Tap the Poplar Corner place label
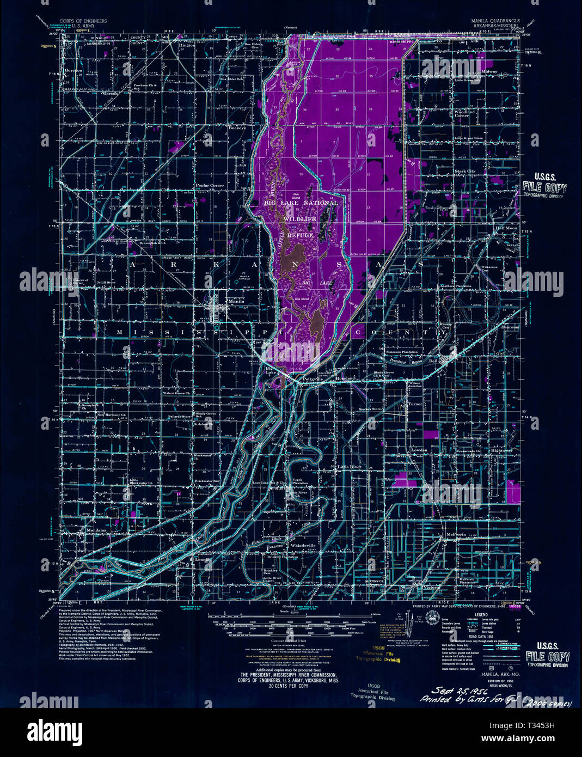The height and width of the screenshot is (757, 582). coord(210,186)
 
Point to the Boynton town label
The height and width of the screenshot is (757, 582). coord(73,71)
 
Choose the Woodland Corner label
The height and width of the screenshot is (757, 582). coord(462,113)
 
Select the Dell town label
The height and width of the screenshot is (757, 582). coord(433,361)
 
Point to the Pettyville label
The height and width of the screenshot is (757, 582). coord(313,378)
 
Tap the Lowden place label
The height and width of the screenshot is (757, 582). coord(419,450)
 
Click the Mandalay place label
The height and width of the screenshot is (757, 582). coord(96,529)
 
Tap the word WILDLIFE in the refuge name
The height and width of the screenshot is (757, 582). coord(299,218)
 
